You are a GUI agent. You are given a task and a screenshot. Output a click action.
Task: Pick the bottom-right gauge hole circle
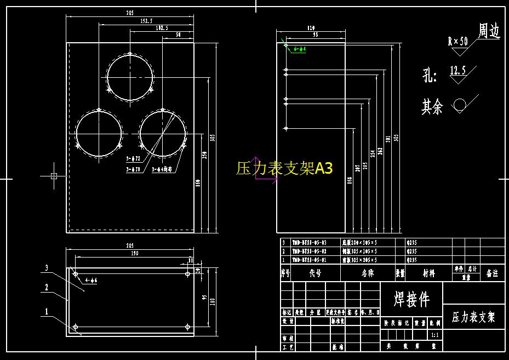(162, 133)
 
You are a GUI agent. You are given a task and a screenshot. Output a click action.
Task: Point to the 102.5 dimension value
(162, 27)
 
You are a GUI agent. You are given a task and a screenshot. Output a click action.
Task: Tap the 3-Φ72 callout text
(134, 159)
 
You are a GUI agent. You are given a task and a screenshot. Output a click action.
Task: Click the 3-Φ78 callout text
(134, 169)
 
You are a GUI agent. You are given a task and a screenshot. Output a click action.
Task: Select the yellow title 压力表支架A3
(284, 168)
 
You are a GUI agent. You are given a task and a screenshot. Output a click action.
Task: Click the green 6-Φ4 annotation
(299, 49)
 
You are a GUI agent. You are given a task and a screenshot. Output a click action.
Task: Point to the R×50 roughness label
(457, 41)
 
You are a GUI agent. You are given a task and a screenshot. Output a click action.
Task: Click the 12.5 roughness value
(457, 70)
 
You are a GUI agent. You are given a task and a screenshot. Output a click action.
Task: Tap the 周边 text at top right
(489, 31)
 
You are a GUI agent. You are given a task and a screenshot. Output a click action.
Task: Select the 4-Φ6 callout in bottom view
(91, 281)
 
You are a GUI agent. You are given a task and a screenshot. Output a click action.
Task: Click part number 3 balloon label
(47, 267)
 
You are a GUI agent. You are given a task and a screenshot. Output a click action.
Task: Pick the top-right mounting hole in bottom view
(188, 273)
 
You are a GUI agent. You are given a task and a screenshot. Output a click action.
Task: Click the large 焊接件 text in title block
(411, 299)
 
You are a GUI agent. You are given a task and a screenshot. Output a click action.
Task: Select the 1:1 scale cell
(435, 334)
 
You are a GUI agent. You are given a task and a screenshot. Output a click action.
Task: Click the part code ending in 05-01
(310, 260)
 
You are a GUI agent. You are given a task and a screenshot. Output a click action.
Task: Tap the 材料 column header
(428, 273)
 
